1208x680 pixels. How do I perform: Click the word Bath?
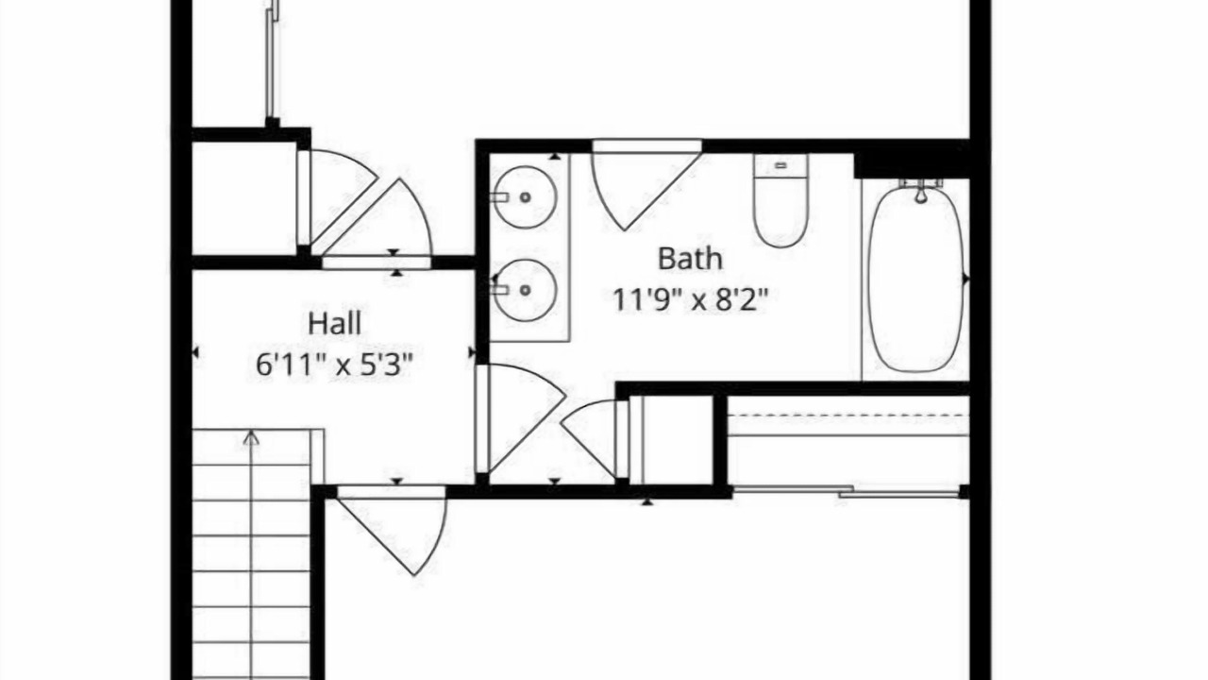pyautogui.click(x=690, y=259)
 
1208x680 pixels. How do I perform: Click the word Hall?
pyautogui.click(x=334, y=324)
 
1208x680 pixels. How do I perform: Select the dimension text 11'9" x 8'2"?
pyautogui.click(x=690, y=299)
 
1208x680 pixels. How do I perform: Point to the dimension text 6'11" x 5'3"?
pyautogui.click(x=334, y=365)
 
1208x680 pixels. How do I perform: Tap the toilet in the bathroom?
pyautogui.click(x=780, y=201)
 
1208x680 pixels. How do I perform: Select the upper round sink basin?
pyautogui.click(x=526, y=197)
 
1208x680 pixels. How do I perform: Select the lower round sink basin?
pyautogui.click(x=526, y=290)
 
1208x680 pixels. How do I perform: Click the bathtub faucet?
pyautogui.click(x=920, y=192)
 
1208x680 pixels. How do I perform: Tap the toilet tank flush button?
pyautogui.click(x=780, y=165)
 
